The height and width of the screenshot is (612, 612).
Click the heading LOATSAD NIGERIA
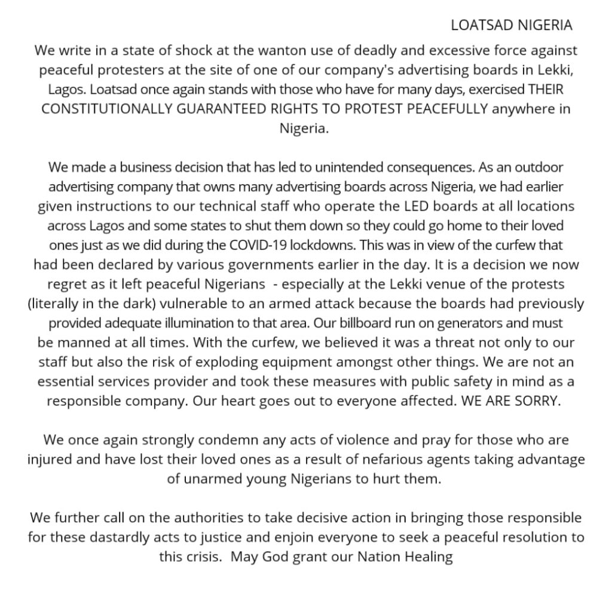coord(512,25)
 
